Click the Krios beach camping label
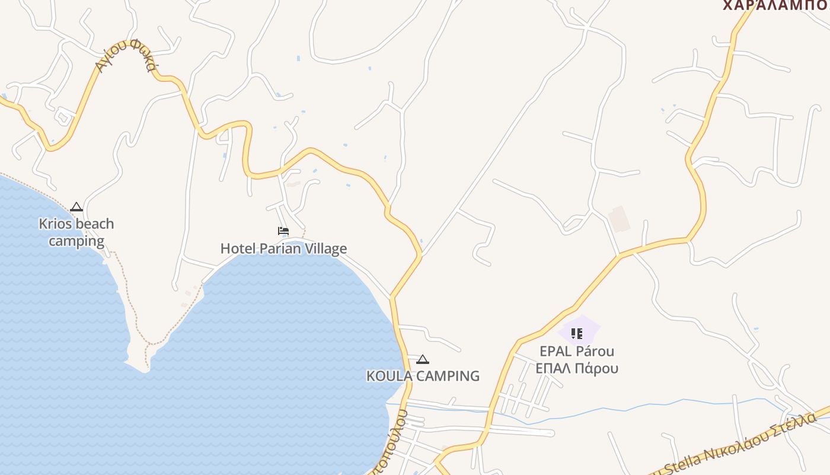coord(76,232)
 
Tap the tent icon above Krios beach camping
coord(76,207)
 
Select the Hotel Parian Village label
coord(283,248)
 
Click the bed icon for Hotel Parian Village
coord(283,231)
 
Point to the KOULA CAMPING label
coord(423,376)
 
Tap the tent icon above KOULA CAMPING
coord(422,359)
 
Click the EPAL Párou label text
coord(576,351)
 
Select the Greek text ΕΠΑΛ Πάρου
coord(576,368)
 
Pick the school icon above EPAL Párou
coord(576,334)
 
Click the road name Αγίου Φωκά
coord(125,55)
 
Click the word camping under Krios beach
coord(76,241)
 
